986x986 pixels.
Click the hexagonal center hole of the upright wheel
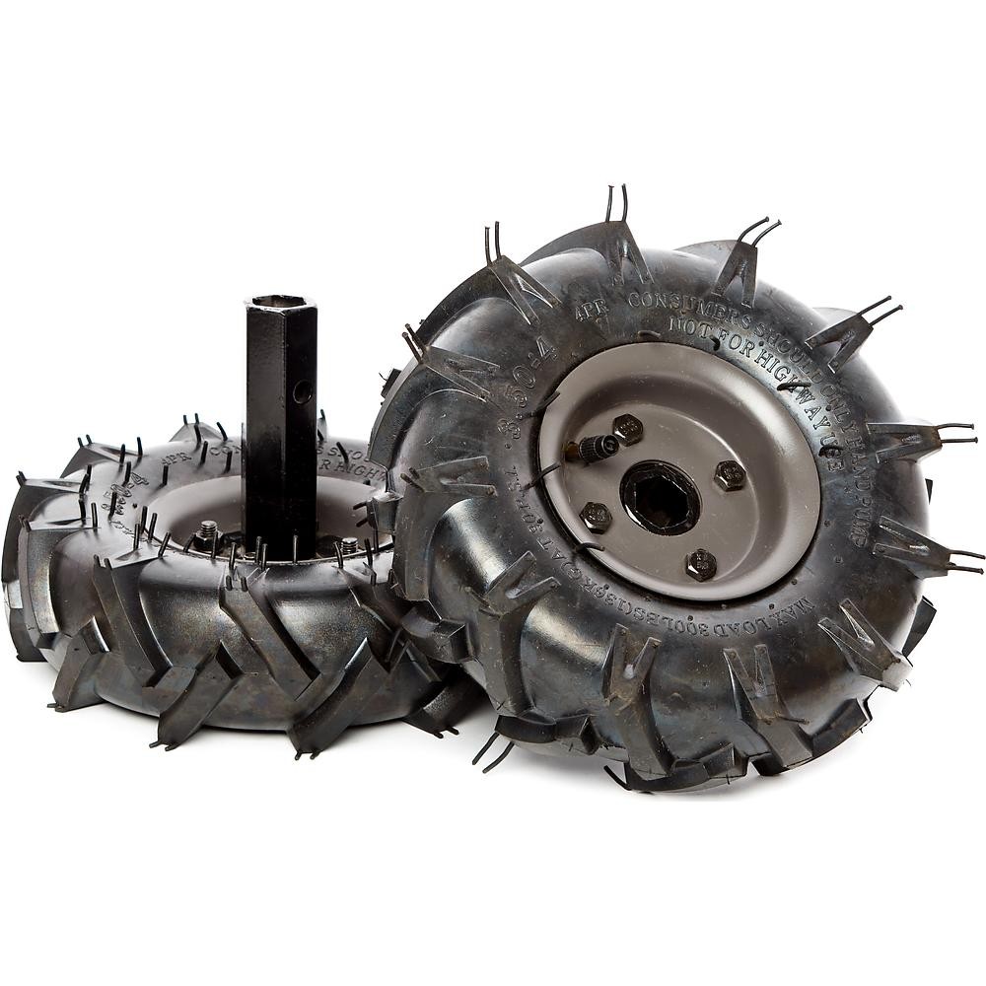(660, 498)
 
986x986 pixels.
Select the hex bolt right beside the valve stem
(627, 428)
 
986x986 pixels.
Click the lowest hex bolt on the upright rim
(701, 564)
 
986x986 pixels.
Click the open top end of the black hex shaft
(280, 302)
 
